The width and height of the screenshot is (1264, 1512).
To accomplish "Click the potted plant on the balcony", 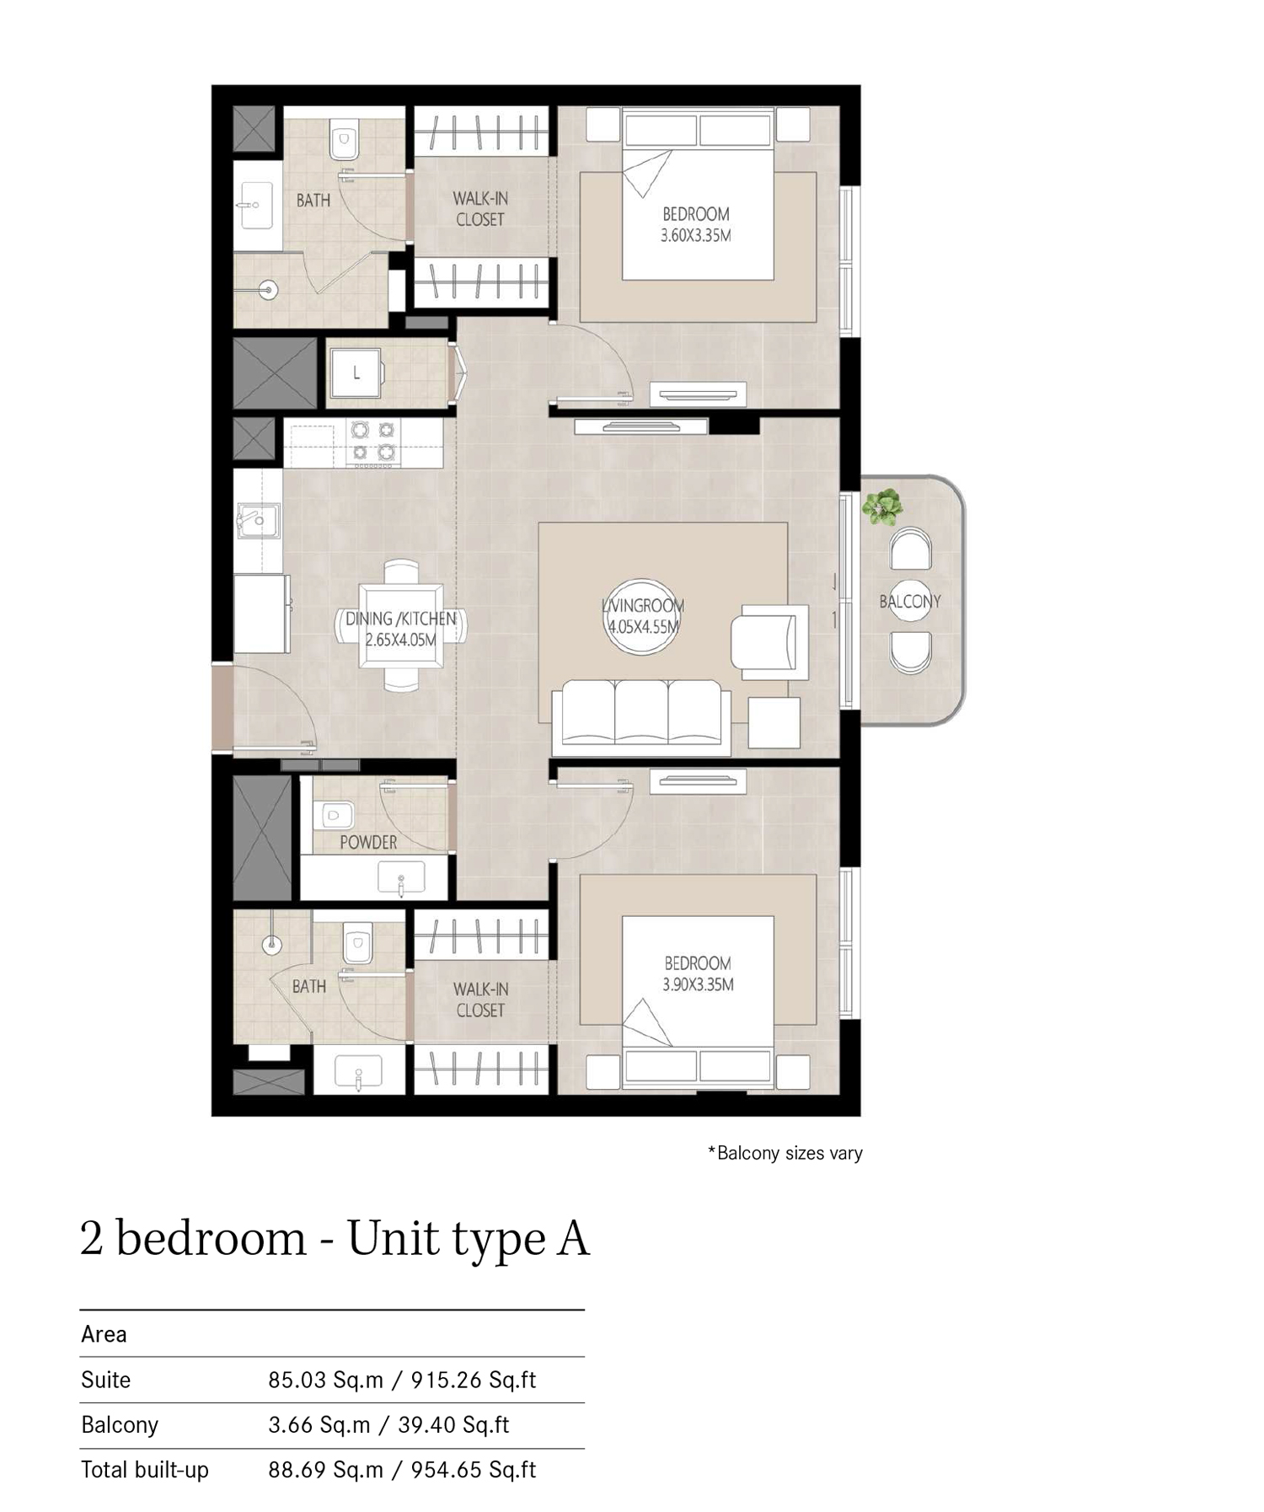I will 882,507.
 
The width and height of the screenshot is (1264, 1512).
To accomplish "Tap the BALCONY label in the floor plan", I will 909,602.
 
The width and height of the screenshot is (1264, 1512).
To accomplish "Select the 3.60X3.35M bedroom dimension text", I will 695,236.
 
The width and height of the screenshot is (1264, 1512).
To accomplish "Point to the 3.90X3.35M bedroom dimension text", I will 698,984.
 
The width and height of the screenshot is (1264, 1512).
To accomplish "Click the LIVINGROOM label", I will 643,605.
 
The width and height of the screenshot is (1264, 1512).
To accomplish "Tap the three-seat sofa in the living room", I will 641,713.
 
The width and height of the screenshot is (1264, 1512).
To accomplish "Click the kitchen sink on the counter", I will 257,520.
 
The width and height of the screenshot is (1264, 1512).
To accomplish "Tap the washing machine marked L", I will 356,373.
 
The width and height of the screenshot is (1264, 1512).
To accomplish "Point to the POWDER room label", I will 368,842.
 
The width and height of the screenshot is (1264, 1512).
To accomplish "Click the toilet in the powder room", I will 335,815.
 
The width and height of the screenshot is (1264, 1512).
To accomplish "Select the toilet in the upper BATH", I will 343,141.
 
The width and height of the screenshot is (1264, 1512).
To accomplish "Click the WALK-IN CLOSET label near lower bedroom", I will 480,1000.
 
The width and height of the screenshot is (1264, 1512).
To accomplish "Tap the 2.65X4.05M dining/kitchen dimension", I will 401,640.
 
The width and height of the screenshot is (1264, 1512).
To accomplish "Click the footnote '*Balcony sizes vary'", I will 785,1153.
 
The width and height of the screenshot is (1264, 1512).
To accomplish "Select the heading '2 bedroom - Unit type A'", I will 335,1239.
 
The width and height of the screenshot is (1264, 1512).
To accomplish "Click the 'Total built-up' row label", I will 145,1470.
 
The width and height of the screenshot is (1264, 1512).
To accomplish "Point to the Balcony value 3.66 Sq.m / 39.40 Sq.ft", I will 388,1424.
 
